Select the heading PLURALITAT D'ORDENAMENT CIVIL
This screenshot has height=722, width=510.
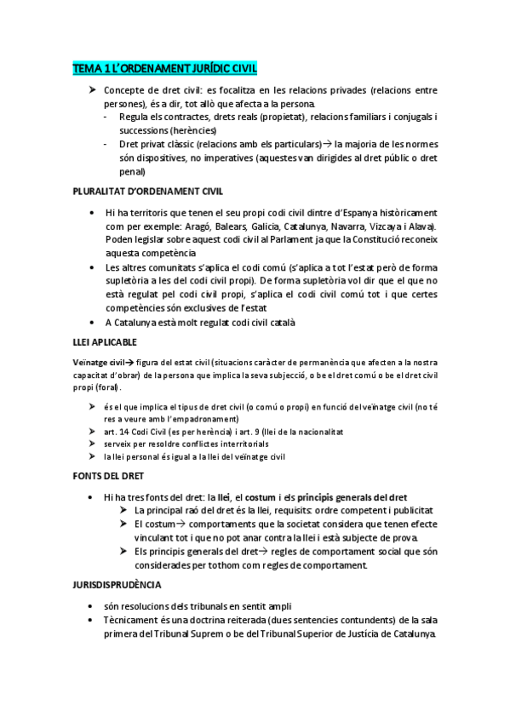coord(148,192)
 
